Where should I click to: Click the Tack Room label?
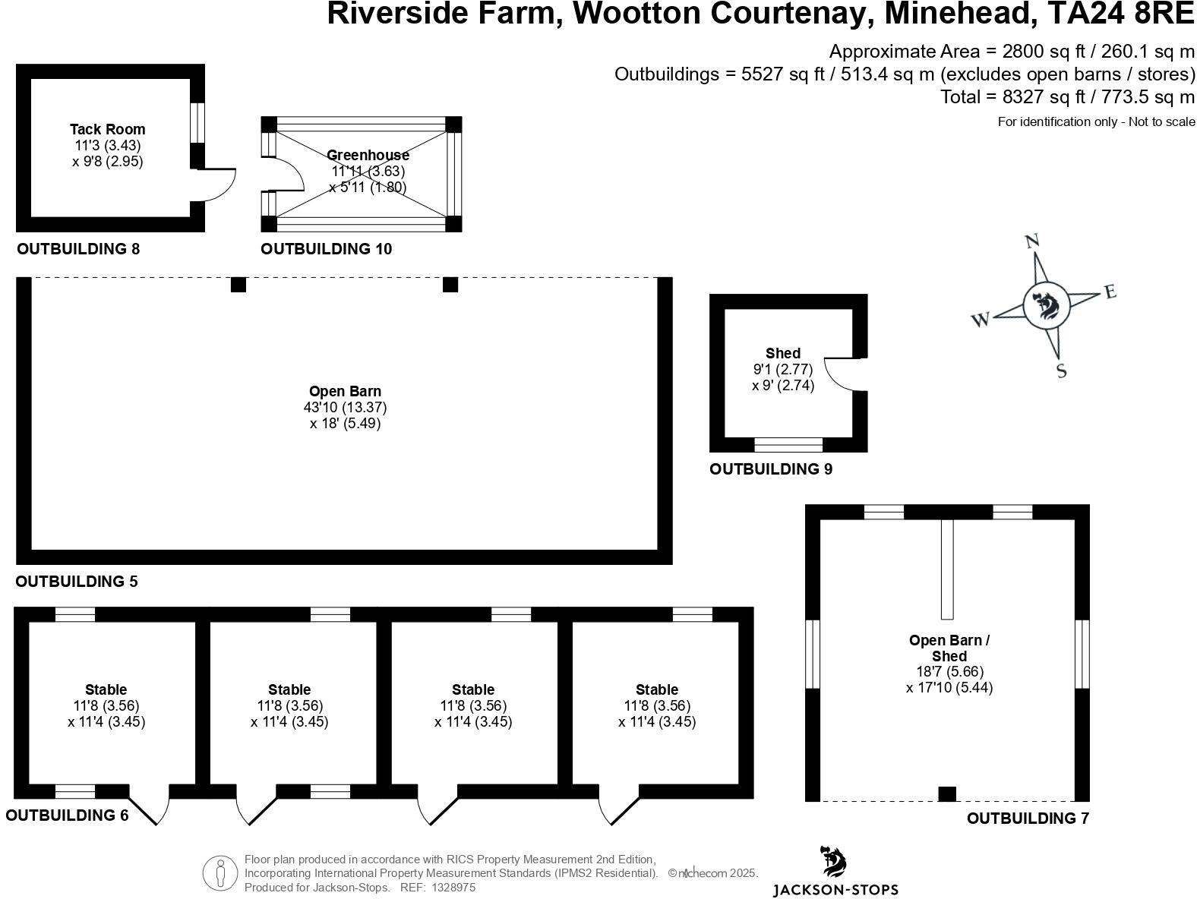[x=107, y=130]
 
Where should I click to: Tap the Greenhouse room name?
[x=368, y=155]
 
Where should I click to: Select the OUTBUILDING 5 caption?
[x=77, y=582]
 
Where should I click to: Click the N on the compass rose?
[x=1032, y=241]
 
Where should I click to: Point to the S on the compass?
[x=1062, y=371]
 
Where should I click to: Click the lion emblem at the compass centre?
[x=1047, y=306]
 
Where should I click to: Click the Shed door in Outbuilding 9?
[x=842, y=374]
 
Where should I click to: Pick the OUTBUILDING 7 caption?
[x=1028, y=819]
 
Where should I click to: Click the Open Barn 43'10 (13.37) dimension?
[x=346, y=408]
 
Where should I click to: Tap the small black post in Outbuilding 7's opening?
[x=947, y=794]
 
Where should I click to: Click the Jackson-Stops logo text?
[x=835, y=889]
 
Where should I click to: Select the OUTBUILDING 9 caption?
[x=771, y=469]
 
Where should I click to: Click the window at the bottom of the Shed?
[x=788, y=444]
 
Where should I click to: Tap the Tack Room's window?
[x=197, y=121]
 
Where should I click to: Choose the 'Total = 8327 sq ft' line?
[x=1067, y=97]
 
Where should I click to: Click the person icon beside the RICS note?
[x=220, y=873]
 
